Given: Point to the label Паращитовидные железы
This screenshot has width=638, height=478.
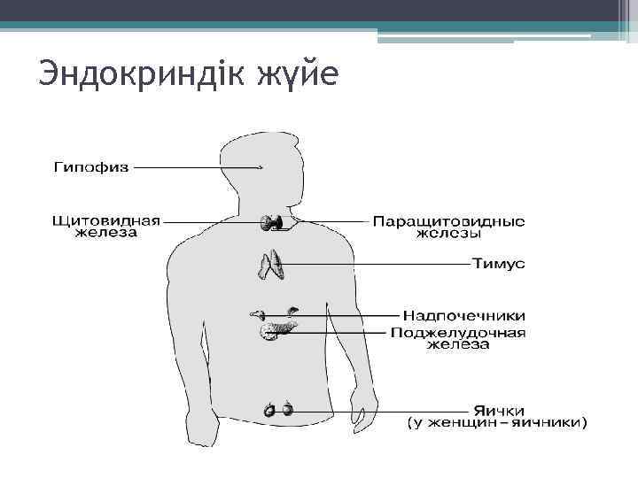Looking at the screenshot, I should pyautogui.click(x=448, y=227).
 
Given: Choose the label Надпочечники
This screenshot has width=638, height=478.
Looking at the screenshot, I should pyautogui.click(x=464, y=315).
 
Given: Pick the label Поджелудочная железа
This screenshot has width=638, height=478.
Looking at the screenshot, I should pyautogui.click(x=458, y=338).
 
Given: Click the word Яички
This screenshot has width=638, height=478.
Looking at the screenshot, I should pyautogui.click(x=499, y=411).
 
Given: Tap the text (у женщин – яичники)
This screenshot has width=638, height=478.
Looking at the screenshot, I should pyautogui.click(x=496, y=424).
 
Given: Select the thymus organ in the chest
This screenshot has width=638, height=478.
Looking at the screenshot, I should pyautogui.click(x=270, y=265).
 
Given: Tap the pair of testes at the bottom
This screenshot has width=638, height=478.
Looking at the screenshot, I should pyautogui.click(x=277, y=410).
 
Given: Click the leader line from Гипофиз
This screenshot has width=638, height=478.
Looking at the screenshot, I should pyautogui.click(x=195, y=166).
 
